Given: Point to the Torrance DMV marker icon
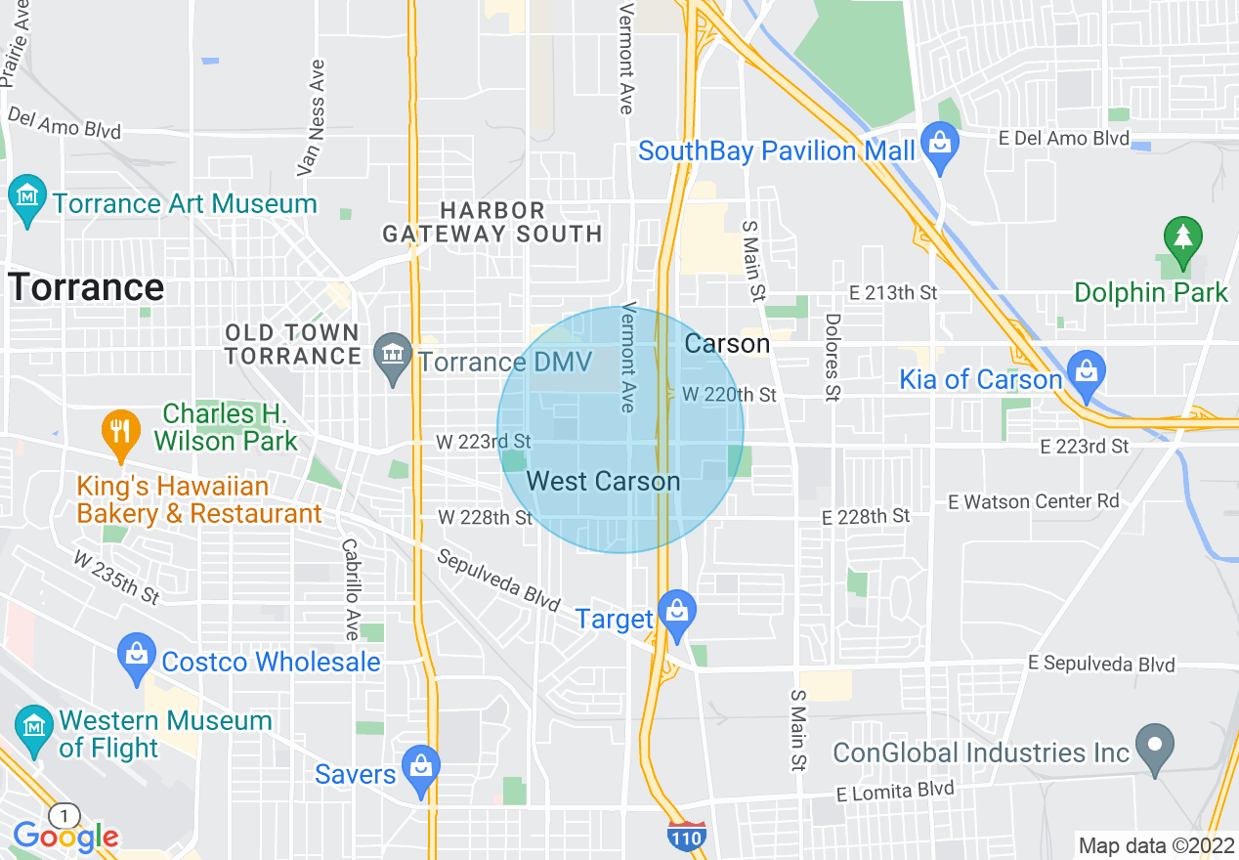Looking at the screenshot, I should [394, 357].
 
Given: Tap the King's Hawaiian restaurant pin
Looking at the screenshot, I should [120, 433].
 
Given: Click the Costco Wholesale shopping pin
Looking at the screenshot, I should [137, 657].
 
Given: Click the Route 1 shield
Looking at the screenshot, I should [64, 815].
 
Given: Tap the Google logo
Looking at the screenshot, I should [65, 837].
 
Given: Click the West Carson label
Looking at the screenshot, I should [603, 481].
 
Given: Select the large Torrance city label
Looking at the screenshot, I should [86, 287].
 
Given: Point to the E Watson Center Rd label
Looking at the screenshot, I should [1034, 501].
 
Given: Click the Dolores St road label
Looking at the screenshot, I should [833, 357].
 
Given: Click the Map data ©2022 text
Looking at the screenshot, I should [1154, 845].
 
